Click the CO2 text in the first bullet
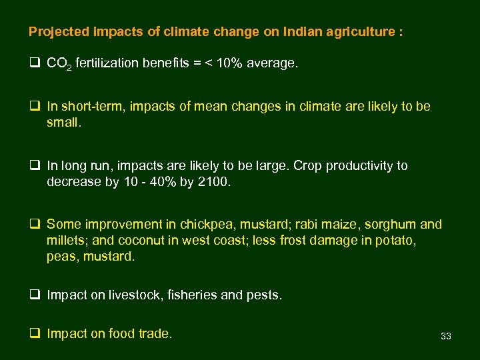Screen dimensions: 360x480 coord(59,64)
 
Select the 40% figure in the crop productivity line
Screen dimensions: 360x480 coord(161,181)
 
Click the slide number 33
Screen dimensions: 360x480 coord(446,337)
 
